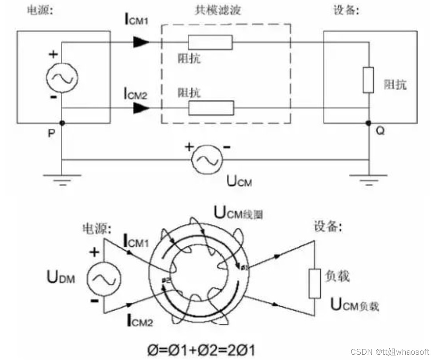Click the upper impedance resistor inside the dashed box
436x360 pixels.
(x=210, y=42)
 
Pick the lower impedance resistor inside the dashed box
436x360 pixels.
(x=211, y=108)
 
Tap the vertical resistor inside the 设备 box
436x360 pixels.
(x=368, y=80)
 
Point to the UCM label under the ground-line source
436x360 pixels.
(x=240, y=181)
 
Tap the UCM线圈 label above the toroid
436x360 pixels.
(x=238, y=213)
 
